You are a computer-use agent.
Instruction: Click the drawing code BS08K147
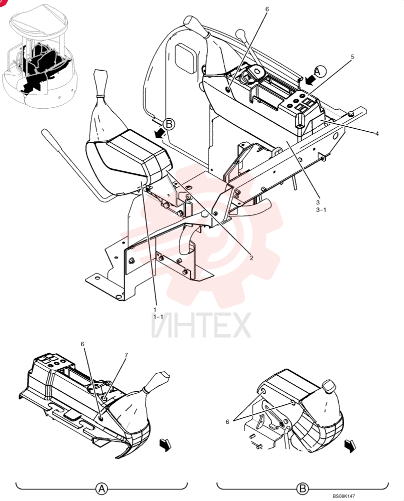tap(343, 496)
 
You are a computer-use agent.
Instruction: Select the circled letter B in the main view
tap(169, 124)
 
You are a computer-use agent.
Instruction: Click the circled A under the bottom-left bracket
tap(101, 488)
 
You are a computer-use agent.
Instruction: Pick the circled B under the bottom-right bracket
tap(302, 488)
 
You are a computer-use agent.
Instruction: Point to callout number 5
tap(352, 57)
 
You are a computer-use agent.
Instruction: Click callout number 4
tap(377, 134)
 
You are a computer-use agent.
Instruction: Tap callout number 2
tap(251, 258)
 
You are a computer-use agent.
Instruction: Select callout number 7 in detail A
tap(126, 355)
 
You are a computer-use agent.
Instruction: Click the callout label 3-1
tap(321, 209)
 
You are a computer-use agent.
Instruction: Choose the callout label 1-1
tap(158, 317)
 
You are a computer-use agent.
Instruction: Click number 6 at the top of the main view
tap(267, 9)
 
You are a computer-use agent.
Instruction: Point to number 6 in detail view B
tap(227, 422)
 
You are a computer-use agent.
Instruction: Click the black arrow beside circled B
tap(159, 133)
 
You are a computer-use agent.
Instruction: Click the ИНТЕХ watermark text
tap(201, 325)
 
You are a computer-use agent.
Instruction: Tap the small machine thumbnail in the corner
tap(40, 57)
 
